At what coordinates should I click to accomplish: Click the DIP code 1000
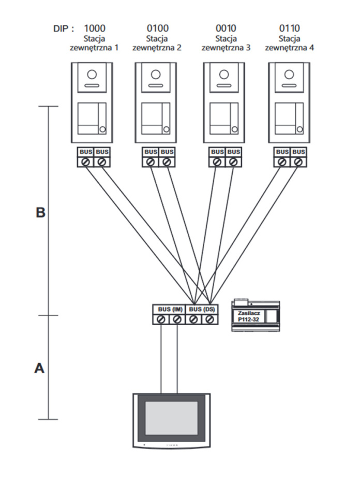[x=94, y=28]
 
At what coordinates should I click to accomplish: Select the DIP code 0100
[x=157, y=28]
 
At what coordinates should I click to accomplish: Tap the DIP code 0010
[x=225, y=28]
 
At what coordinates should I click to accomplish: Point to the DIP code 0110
[x=290, y=28]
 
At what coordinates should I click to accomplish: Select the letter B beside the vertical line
[x=40, y=213]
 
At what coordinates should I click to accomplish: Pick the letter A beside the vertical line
[x=39, y=368]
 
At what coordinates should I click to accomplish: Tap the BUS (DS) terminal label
[x=202, y=309]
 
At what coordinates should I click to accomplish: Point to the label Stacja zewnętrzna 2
[x=157, y=43]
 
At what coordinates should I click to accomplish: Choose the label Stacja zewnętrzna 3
[x=225, y=43]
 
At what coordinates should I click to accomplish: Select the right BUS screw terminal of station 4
[x=298, y=162]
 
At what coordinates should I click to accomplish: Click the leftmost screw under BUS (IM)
[x=161, y=320]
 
